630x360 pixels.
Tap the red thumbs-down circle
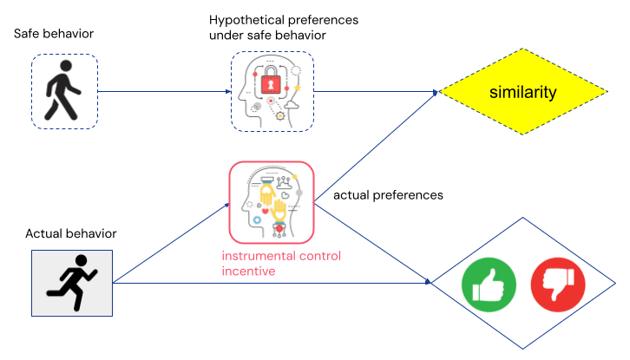(556, 284)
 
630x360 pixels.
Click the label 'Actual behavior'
(71, 233)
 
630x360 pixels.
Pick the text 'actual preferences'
(388, 196)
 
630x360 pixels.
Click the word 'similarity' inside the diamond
(522, 92)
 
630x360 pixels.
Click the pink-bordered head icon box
(272, 202)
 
